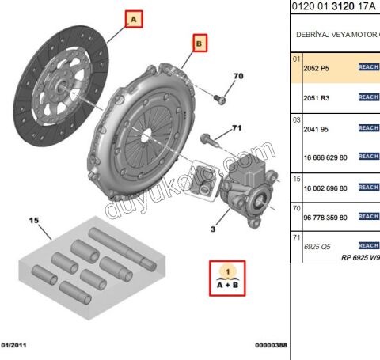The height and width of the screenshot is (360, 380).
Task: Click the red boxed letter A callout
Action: coord(132,17)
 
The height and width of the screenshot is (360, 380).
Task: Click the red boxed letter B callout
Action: coord(199,43)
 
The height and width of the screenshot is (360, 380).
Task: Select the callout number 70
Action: coord(238,76)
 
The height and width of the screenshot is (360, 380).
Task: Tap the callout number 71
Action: coord(236,128)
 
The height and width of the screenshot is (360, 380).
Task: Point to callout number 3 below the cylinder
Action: coord(213,229)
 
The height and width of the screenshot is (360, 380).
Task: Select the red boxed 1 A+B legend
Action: coord(227,277)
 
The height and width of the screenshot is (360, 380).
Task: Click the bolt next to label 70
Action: coord(219,99)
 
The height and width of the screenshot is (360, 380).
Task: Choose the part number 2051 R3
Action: coord(317,97)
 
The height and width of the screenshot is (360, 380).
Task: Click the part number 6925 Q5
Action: coord(318,246)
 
